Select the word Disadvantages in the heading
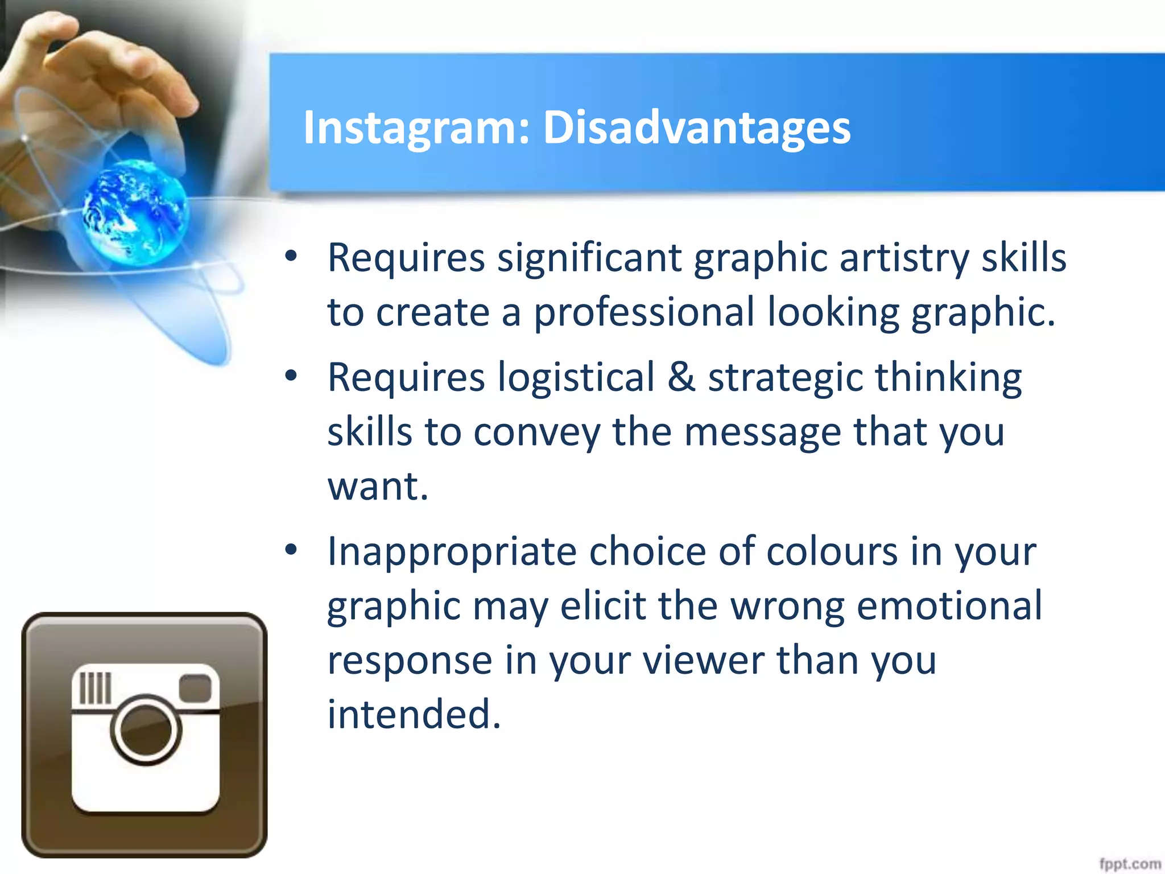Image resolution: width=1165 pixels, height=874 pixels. pyautogui.click(x=696, y=127)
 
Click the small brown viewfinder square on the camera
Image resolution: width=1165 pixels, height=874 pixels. pyautogui.click(x=195, y=688)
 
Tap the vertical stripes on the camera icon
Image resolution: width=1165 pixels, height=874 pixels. pyautogui.click(x=95, y=688)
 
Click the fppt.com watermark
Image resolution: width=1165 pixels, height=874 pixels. pyautogui.click(x=1129, y=864)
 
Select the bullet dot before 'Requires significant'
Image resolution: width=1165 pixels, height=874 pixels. pyautogui.click(x=291, y=257)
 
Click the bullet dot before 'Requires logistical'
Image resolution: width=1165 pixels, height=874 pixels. pyautogui.click(x=291, y=376)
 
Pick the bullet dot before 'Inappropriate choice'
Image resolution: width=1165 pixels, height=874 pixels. pyautogui.click(x=291, y=550)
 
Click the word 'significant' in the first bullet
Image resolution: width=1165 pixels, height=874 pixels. pyautogui.click(x=589, y=258)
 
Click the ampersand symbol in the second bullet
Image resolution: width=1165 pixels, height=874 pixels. pyautogui.click(x=681, y=377)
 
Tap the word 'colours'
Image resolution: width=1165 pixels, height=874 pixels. pyautogui.click(x=832, y=551)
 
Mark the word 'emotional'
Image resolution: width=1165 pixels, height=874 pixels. pyautogui.click(x=949, y=605)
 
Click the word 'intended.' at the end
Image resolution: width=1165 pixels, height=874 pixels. pyautogui.click(x=414, y=714)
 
